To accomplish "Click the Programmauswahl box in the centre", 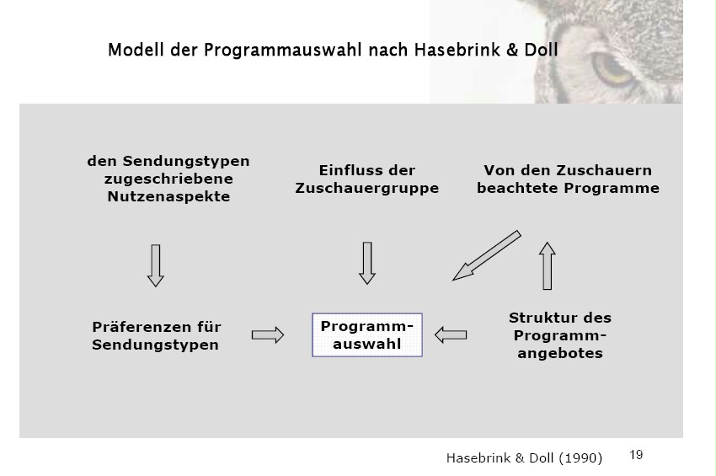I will pos(366,335).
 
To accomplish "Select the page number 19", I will pos(636,455).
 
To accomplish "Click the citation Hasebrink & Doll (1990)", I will pos(524,458).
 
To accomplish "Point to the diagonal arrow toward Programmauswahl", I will pos(487,254).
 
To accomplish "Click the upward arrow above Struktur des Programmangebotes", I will pos(548,265).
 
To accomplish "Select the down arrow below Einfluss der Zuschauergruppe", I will pos(366,263).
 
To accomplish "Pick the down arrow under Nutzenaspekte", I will pos(154,265).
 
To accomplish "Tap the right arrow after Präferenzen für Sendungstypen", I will pos(268,335).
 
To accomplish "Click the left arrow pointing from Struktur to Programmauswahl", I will pos(451,335).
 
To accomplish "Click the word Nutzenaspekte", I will pos(168,197).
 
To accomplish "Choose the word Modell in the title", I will pos(134,51).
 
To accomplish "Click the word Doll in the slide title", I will pos(539,51).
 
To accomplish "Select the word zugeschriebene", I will pos(168,179).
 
